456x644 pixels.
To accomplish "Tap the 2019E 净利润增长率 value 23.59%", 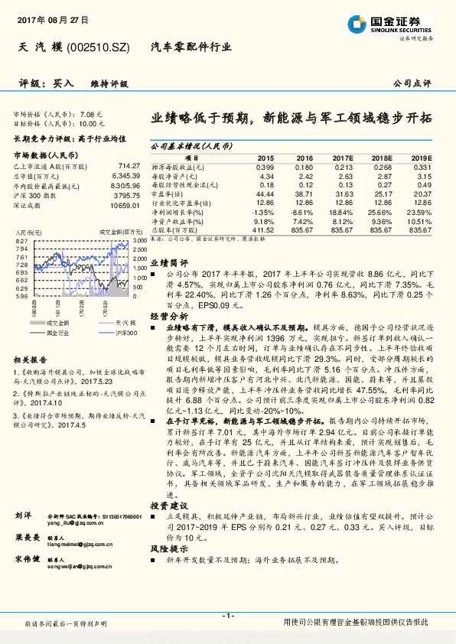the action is pyautogui.click(x=419, y=212).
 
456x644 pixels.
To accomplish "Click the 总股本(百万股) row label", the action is pyautogui.click(x=174, y=229).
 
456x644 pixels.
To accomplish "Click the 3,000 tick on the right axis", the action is pyautogui.click(x=139, y=242).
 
